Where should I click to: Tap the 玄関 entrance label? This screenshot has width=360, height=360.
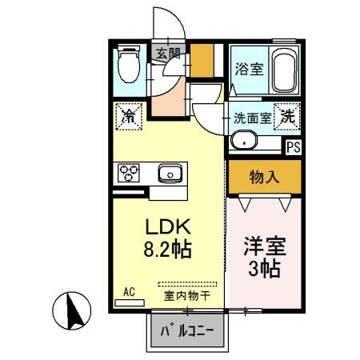coord(168,54)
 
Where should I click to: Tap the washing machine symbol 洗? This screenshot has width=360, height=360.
coord(287,116)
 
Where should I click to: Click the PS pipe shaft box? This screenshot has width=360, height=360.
coord(294,146)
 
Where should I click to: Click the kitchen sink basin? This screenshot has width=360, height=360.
coord(169,173)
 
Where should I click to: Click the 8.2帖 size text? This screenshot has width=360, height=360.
coord(168,250)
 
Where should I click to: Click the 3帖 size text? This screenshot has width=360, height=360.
coord(263,269)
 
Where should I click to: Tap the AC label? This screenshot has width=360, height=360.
coord(128,291)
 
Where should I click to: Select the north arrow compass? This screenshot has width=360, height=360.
coord(73,311)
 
